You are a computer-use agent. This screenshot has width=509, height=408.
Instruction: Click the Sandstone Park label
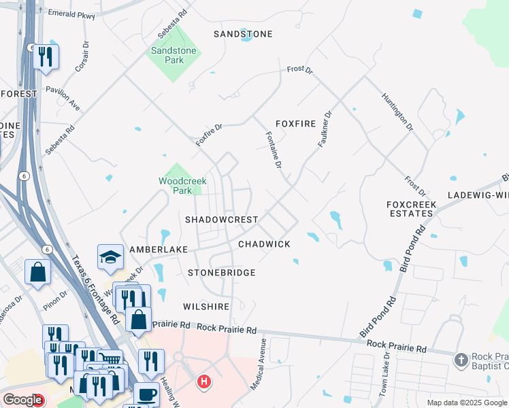[173, 55]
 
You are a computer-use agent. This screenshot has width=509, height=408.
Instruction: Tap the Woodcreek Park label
[182, 186]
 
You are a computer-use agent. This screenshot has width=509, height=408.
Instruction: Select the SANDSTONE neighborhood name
[243, 34]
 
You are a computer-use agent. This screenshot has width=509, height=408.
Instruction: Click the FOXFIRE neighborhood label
[297, 124]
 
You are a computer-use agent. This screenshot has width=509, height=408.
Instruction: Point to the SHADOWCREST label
[222, 220]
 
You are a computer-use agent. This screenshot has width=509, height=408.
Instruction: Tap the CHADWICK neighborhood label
[264, 244]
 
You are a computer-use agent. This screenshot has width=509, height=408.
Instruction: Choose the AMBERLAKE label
[159, 250]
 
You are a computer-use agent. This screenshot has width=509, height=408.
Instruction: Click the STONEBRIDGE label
[221, 273]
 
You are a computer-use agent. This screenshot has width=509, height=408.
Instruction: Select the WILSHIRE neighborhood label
[207, 307]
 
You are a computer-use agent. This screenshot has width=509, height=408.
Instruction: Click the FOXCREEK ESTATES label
[410, 209]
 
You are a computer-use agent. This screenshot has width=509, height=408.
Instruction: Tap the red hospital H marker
[203, 382]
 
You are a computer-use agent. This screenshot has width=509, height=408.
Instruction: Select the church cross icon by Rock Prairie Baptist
[461, 358]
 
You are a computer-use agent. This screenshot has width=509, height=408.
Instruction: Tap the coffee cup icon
[146, 394]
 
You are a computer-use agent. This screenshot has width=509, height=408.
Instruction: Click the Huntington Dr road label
[397, 112]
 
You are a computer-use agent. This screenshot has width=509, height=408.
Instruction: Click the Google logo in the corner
[22, 401]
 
